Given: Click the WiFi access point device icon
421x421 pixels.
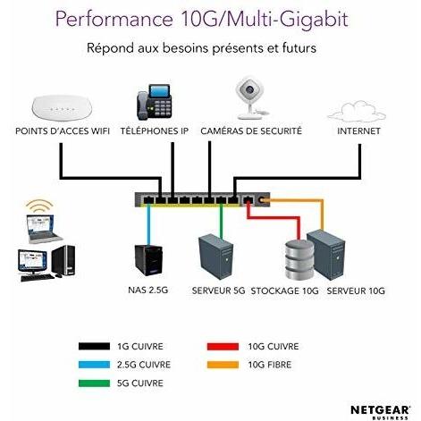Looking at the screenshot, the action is pos(62,107).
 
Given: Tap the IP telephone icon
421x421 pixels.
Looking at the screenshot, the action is pos(155,102).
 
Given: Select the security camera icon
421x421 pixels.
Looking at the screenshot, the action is pos(251,98).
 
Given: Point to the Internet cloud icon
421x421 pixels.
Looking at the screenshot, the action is pos(357,112).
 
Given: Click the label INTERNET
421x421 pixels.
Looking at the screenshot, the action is pos(358,131).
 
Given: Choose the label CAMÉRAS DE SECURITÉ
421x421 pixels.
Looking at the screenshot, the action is pos(251,131).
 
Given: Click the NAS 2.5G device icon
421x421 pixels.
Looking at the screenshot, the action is pos(148,260).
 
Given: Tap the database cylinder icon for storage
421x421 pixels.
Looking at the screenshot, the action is pos(299,259).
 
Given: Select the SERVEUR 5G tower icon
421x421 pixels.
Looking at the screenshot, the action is pos(215,257).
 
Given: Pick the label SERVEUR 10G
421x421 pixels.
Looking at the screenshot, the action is pos(356,290).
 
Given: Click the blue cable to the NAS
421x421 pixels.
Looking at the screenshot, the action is pos(148,224).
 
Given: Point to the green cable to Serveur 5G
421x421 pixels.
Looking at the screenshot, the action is pos(221,221).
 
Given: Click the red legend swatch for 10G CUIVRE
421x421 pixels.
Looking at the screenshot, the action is pos(223,347).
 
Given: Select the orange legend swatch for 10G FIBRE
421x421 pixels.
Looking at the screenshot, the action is pos(223,365).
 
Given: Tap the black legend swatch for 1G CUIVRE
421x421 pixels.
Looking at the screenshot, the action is pos(94,346).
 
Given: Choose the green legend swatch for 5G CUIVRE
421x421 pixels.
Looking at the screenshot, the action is pos(94,383).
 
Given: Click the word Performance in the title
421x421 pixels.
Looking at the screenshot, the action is pos(114,20).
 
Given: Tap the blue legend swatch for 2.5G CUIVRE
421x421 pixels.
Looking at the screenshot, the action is pos(94,365).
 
